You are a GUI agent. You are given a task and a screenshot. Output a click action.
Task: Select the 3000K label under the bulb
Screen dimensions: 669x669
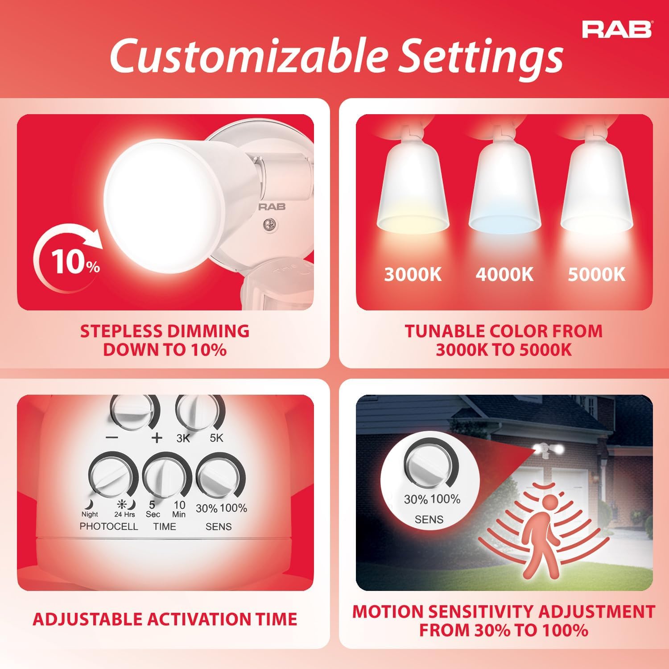(x=413, y=274)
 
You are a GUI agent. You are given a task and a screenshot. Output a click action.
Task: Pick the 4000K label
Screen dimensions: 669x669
(x=504, y=274)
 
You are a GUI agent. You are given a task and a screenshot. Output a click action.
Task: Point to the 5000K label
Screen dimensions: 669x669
(x=596, y=274)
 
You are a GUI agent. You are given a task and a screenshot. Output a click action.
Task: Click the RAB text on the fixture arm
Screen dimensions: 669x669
(x=272, y=206)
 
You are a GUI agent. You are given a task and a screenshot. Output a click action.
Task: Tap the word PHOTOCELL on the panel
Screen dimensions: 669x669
(x=109, y=526)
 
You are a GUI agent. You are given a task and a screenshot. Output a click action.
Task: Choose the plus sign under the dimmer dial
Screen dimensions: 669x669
(x=157, y=438)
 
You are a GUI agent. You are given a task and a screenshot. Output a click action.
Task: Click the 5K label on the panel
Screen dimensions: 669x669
(x=216, y=438)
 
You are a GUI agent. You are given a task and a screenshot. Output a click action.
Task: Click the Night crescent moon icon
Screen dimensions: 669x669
(x=90, y=504)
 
